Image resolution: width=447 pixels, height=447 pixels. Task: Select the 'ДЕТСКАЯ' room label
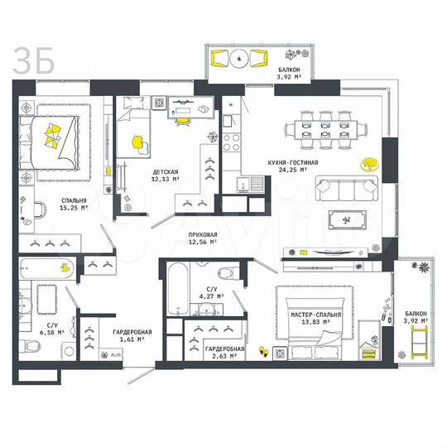[164, 171]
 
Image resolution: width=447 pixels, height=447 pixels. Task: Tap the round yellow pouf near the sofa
[366, 163]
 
